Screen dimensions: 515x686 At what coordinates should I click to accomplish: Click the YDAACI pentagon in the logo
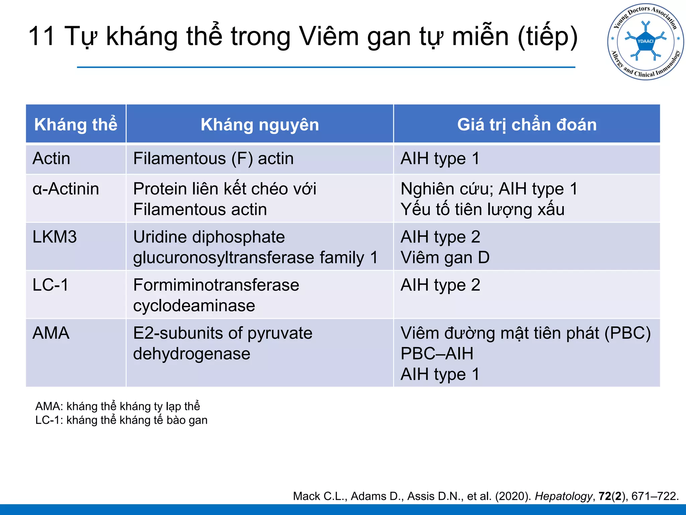coord(645,42)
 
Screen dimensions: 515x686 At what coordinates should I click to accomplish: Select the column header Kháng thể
coord(76,125)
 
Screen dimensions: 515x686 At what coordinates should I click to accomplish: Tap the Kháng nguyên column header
coord(260,125)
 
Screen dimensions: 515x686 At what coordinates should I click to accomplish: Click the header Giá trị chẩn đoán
coord(527,125)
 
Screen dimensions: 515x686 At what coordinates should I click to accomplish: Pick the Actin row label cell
coord(52,159)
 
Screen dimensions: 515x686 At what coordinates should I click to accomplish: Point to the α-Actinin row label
coord(66,189)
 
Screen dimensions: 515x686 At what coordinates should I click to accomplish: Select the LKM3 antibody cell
coord(55,237)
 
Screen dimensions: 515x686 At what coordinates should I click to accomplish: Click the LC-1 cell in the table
coord(51,285)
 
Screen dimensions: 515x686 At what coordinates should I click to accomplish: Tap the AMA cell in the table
coord(51,333)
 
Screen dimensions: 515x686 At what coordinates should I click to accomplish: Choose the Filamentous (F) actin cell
coord(213,159)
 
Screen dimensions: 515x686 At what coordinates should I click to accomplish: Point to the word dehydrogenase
coord(192,354)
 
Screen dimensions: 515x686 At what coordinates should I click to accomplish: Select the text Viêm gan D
coord(445,258)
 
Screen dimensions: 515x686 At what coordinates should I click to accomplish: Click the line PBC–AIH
coord(437,354)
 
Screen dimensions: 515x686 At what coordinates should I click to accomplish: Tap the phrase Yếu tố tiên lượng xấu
coord(482,210)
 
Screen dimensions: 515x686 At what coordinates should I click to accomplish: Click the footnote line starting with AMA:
coord(118,406)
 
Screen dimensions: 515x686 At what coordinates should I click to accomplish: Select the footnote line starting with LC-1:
coord(121,420)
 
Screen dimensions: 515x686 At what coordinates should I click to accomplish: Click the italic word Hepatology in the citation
coord(563,496)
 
